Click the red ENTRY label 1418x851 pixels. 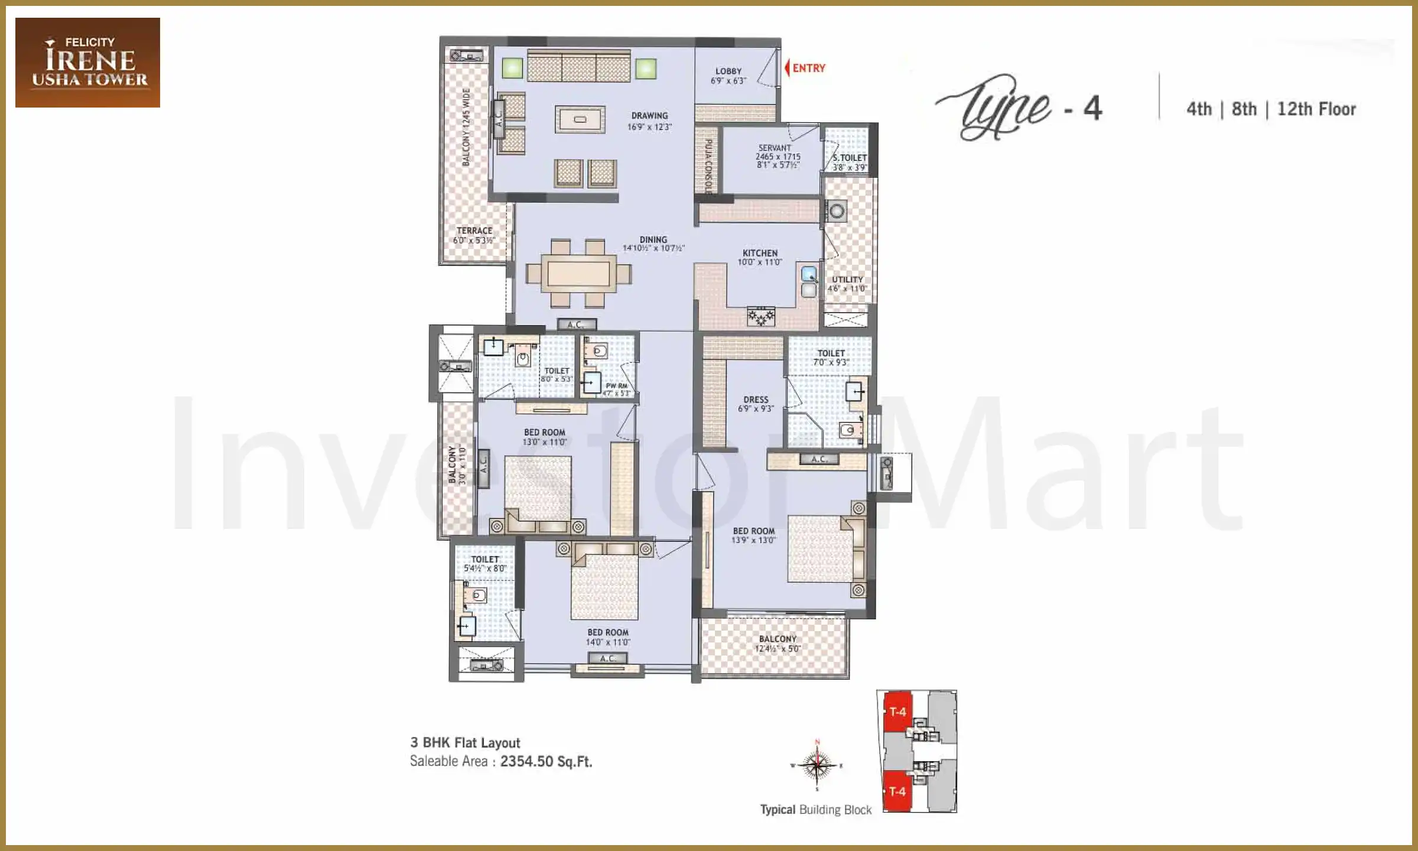(808, 68)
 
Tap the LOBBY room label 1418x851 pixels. (728, 71)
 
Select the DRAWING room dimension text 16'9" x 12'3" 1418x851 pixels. (649, 126)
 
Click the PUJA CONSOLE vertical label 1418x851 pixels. (708, 167)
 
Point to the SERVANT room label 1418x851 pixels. (775, 148)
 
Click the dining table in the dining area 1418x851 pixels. (578, 273)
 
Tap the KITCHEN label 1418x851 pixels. (760, 253)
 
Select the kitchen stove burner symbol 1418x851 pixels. (760, 317)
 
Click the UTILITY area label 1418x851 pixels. (847, 280)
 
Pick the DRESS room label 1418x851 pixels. (756, 399)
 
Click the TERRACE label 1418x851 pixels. (474, 230)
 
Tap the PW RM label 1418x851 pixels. (616, 386)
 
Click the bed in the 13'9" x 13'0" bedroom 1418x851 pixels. (821, 548)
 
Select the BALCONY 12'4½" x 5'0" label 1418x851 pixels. (778, 643)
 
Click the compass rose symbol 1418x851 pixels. (817, 765)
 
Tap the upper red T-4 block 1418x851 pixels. (897, 712)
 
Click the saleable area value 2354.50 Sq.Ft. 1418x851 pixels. (546, 761)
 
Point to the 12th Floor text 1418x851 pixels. (1316, 109)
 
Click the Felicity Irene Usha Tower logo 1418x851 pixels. (87, 62)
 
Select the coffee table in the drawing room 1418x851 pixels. (580, 119)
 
